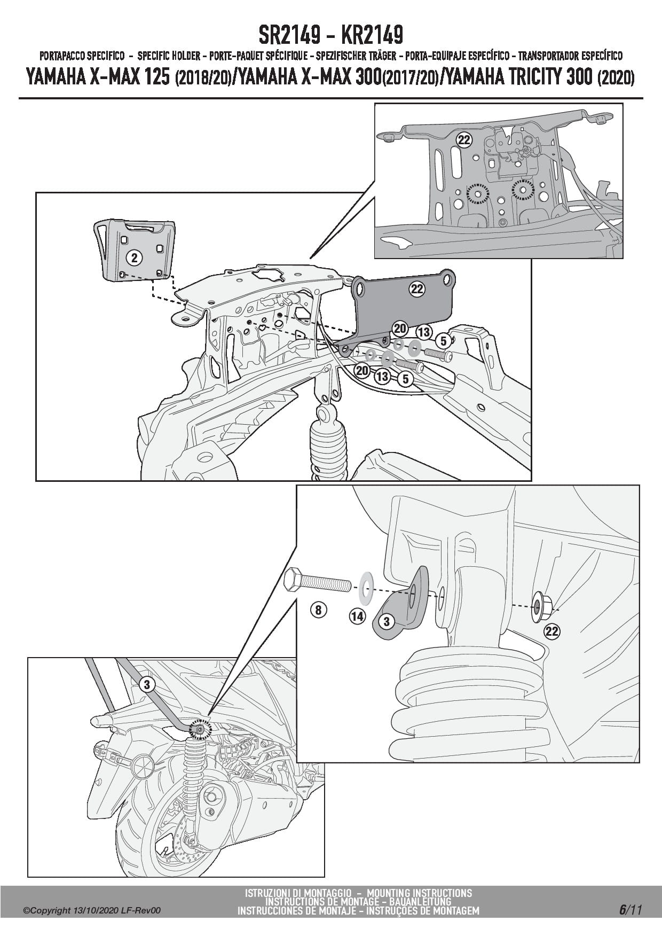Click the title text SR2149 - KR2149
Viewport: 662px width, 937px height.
click(330, 36)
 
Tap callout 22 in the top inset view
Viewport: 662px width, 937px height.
click(464, 140)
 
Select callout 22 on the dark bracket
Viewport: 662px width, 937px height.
click(417, 289)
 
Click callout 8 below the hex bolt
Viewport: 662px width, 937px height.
click(318, 610)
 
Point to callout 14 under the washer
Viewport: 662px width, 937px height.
click(357, 616)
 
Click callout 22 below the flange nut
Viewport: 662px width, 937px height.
click(551, 631)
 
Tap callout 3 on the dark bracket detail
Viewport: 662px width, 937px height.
click(386, 621)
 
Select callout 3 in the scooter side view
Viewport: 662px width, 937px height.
click(148, 685)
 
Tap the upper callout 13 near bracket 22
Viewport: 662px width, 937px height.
click(424, 332)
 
